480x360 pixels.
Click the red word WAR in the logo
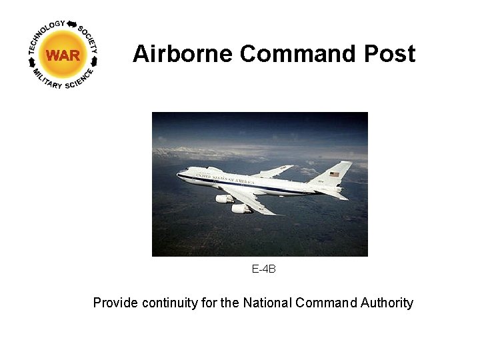(63, 55)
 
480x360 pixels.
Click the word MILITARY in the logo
(46, 78)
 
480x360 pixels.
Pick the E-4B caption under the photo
(263, 269)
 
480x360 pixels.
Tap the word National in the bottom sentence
(267, 303)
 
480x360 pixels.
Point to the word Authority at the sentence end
(387, 303)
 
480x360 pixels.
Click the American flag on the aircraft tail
(334, 175)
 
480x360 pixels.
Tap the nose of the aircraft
(179, 175)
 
